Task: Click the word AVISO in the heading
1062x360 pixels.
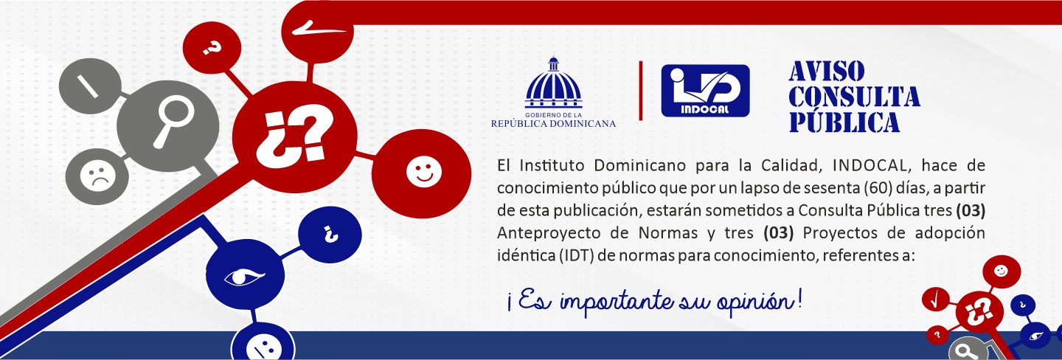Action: point(826,72)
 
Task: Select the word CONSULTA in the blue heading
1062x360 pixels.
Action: point(854,97)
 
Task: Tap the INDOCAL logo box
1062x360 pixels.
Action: point(705,91)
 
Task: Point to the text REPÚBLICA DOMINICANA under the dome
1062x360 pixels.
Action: point(553,123)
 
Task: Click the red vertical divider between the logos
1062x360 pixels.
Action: point(640,90)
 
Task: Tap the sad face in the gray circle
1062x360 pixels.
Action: point(94,178)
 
